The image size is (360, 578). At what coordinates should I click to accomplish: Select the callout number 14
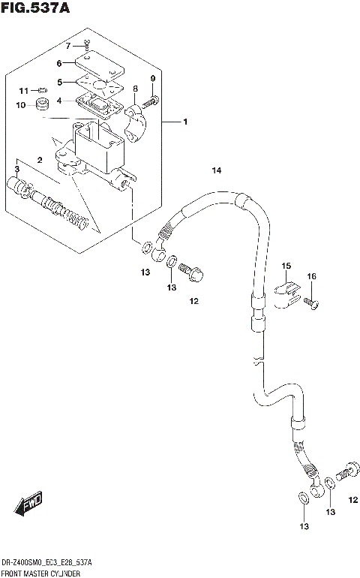click(217, 171)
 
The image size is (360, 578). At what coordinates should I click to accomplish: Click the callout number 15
click(286, 266)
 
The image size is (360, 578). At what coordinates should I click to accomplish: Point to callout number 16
click(311, 277)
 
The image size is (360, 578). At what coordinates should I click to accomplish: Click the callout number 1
click(184, 122)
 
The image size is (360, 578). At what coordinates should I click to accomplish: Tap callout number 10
click(22, 104)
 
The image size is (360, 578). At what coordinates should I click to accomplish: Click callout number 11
click(22, 91)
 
